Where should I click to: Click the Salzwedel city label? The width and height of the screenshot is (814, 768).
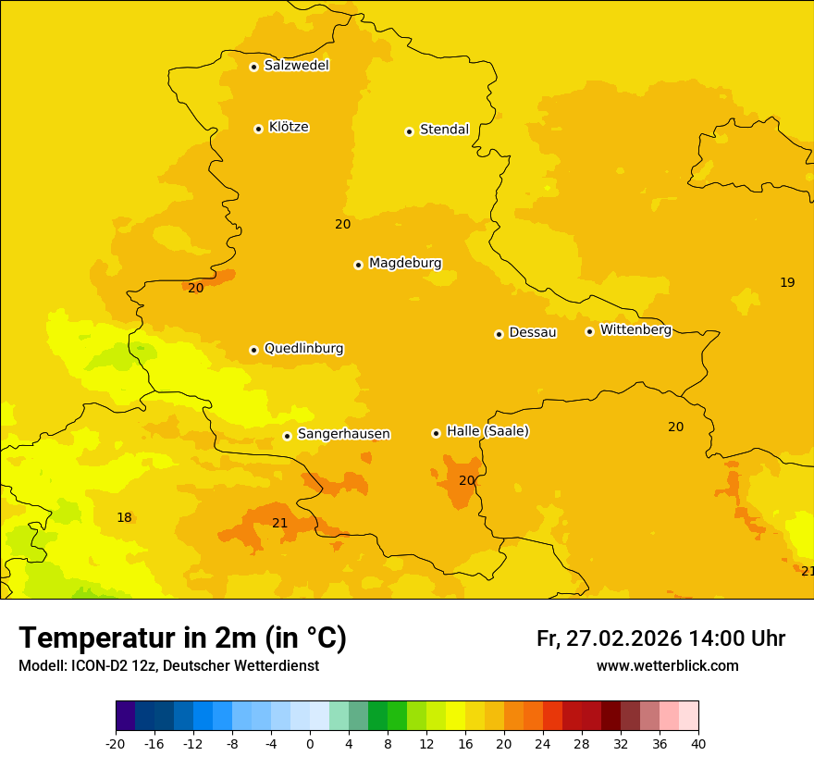[x=296, y=66]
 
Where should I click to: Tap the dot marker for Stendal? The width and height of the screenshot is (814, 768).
[x=409, y=131]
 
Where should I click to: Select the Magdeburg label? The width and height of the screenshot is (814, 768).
[x=405, y=264]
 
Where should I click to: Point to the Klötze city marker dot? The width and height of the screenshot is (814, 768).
[x=258, y=129]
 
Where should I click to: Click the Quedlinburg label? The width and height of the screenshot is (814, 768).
[x=303, y=349]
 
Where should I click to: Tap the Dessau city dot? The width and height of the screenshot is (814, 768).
[x=499, y=334]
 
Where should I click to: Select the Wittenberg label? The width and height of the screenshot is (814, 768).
[x=635, y=330]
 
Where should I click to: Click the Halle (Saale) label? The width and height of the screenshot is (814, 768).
[x=487, y=431]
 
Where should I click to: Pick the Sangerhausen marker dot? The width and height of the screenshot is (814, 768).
[x=287, y=436]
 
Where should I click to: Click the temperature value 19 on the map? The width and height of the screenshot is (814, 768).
[x=787, y=282]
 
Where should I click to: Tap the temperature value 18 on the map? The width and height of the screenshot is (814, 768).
[x=124, y=518]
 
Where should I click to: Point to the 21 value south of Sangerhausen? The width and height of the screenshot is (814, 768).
[x=280, y=524]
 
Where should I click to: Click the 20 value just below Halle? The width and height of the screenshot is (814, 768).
[x=467, y=481]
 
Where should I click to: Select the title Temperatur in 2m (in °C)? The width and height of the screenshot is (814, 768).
[x=182, y=638]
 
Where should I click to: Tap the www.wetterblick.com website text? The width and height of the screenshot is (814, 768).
[x=667, y=666]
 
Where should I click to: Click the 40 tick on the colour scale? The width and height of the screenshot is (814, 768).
[x=697, y=743]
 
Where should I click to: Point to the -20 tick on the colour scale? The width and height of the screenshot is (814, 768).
[x=116, y=743]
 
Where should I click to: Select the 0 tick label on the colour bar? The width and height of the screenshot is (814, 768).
[x=310, y=743]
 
